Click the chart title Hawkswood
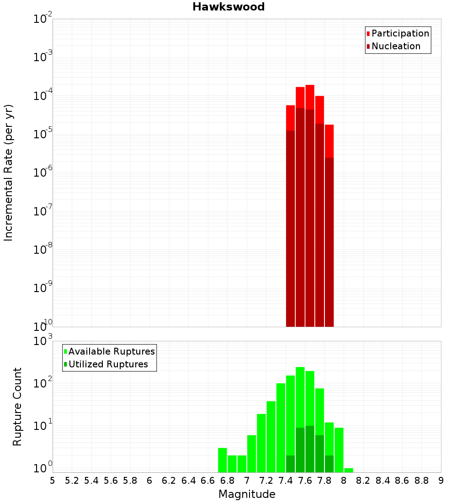[228, 7]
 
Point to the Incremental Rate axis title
[9, 173]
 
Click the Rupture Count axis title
[17, 407]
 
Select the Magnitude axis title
[247, 494]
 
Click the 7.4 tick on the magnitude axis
[286, 481]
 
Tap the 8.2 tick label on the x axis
[363, 481]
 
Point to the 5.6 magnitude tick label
[111, 481]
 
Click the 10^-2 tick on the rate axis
[43, 20]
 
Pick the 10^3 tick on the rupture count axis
[43, 341]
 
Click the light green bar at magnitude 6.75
[223, 460]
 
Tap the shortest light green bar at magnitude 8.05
[349, 470]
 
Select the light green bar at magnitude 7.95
[339, 450]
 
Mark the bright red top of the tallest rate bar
[310, 97]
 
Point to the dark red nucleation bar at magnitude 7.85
[329, 242]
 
